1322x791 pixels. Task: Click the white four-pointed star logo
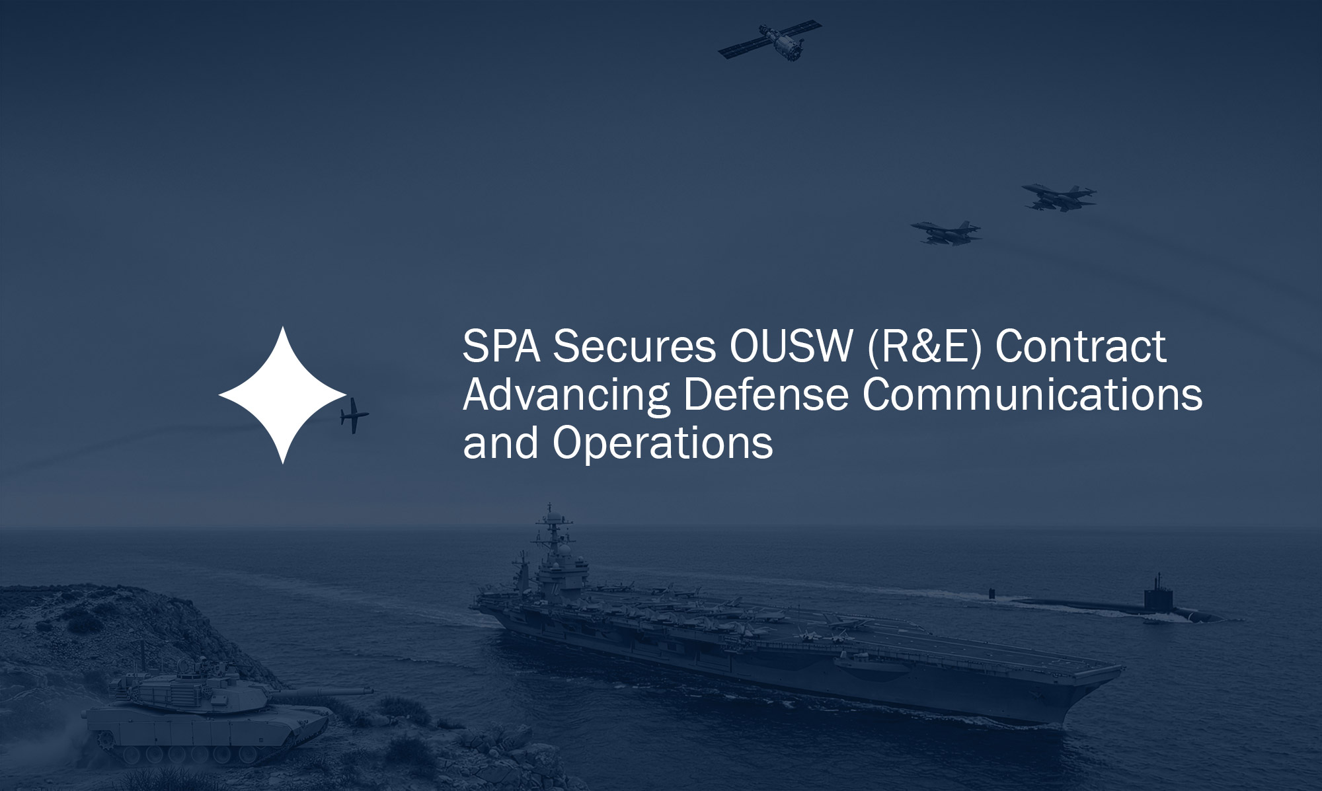[282, 395]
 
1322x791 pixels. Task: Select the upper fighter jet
[1058, 196]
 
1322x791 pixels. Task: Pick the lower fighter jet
[946, 232]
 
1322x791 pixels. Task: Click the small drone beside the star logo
[354, 416]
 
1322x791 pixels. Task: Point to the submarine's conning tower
[1156, 599]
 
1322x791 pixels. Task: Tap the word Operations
[663, 443]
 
